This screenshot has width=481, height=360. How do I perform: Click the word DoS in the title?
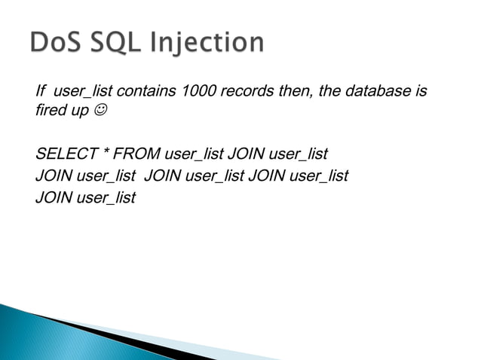click(x=60, y=43)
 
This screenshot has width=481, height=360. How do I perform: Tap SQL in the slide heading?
click(x=124, y=43)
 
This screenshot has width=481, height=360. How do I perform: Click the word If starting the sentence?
click(x=41, y=92)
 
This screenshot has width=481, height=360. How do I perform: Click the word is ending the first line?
click(x=421, y=92)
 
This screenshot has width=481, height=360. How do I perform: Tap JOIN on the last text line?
click(x=51, y=199)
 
